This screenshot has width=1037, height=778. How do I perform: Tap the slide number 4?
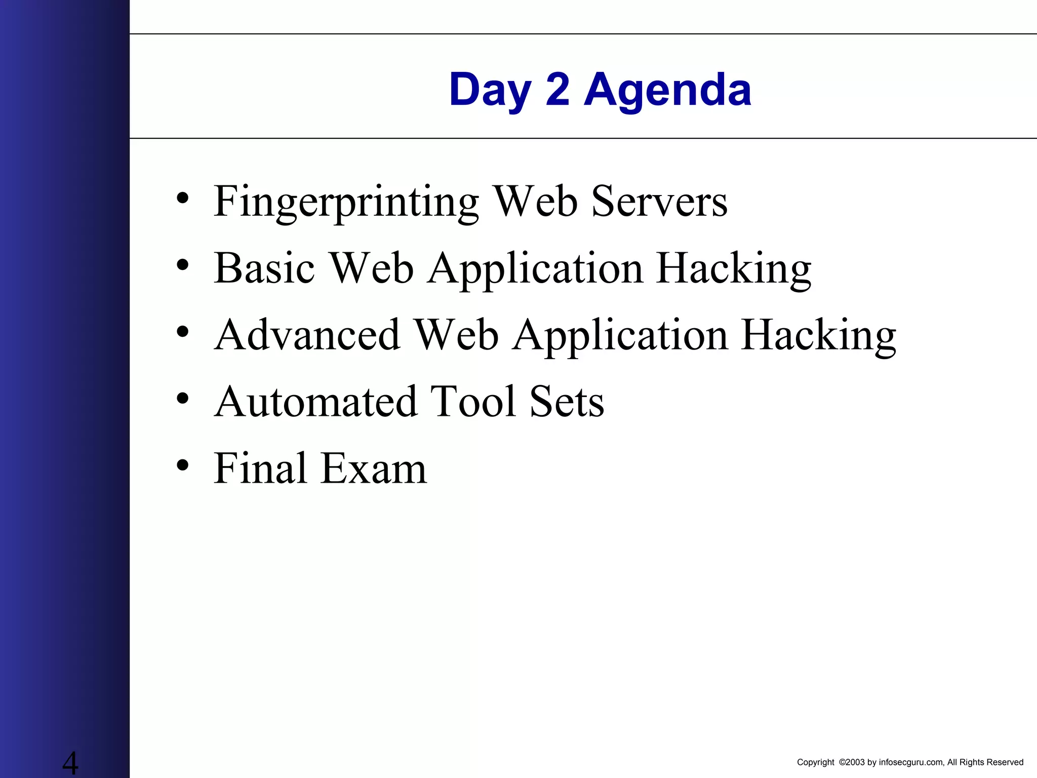(70, 763)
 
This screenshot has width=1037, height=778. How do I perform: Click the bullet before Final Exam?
(183, 464)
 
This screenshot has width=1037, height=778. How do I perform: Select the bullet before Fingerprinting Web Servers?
(183, 198)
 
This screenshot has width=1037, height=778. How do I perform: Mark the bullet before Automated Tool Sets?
(183, 398)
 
